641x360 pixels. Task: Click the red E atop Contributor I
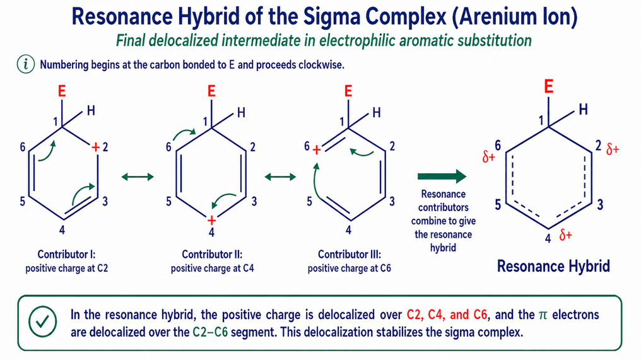[62, 91]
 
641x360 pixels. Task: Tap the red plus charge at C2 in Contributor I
[96, 147]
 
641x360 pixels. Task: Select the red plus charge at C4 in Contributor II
[211, 221]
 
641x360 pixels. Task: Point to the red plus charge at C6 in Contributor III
[317, 150]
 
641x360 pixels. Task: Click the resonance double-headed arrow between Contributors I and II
[138, 177]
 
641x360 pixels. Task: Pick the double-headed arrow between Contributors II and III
[280, 177]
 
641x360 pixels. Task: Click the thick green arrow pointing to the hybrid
[442, 176]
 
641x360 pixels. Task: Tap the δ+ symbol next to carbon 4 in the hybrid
[566, 235]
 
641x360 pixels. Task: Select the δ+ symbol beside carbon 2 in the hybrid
[613, 149]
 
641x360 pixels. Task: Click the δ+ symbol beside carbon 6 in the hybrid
[488, 156]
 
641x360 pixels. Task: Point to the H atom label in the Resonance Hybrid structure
[584, 109]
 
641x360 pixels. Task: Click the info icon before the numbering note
[26, 64]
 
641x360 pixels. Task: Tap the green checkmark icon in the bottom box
[43, 322]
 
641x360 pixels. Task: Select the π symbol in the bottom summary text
[543, 315]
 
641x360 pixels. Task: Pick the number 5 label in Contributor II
[168, 202]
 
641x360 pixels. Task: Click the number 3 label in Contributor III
[392, 202]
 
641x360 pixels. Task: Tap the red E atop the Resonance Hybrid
[549, 86]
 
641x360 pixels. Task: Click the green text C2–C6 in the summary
[210, 332]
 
